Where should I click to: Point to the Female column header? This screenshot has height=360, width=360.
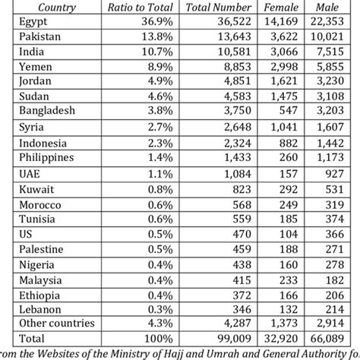[283, 8]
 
